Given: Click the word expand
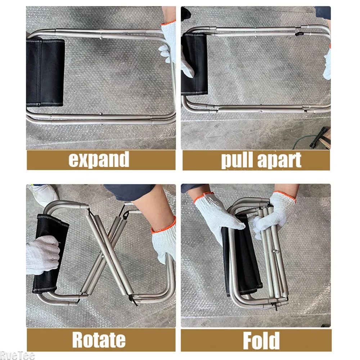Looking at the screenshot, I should [99, 160].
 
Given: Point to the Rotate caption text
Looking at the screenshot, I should [99, 340].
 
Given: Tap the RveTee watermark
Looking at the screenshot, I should [12, 356].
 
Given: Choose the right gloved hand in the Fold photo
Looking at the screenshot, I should [274, 212].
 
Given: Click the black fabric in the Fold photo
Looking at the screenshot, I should [245, 259].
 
